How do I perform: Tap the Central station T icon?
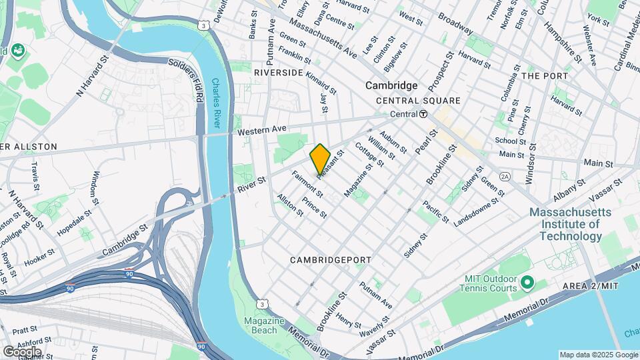[424, 114]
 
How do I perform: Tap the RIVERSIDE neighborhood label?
[279, 72]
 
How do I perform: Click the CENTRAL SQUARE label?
[418, 101]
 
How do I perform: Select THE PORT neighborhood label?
[544, 76]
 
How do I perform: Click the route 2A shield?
[505, 176]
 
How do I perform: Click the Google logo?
[22, 351]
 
